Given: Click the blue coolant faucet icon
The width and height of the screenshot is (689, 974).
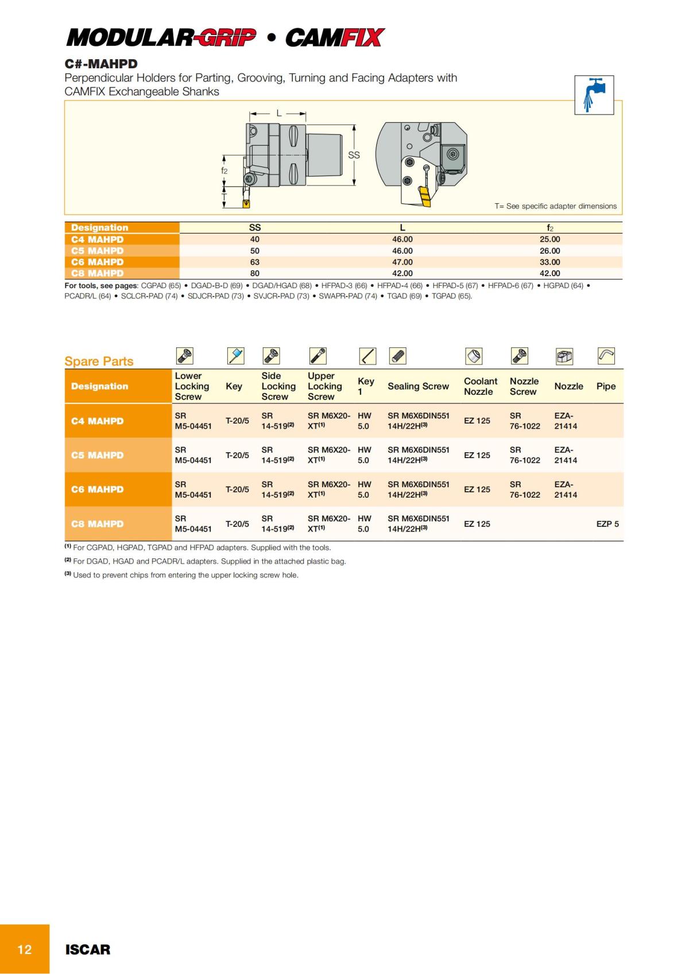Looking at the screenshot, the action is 594,95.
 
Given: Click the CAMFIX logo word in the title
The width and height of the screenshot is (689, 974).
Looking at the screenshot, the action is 334,38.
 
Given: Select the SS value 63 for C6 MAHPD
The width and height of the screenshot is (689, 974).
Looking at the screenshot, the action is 255,262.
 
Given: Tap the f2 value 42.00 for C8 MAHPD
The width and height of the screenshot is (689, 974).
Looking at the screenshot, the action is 549,273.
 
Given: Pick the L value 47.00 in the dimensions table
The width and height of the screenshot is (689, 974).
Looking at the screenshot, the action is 402,262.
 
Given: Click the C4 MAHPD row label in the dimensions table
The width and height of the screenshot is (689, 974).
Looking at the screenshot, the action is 98,239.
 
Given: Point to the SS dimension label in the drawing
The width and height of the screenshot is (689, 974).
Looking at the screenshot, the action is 354,155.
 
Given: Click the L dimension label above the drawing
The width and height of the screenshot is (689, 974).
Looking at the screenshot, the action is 279,113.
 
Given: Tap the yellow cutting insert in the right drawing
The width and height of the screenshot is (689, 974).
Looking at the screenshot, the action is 424,197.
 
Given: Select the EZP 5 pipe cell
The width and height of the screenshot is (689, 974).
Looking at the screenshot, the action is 607,524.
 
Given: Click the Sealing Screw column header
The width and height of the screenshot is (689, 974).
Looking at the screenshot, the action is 418,386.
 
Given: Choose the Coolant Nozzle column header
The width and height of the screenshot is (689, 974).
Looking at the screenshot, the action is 480,386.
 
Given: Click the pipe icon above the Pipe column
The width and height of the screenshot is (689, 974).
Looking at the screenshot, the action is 606,356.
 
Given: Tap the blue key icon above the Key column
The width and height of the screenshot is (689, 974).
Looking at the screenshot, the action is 235,356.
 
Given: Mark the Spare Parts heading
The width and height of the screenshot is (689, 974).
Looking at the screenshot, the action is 99,362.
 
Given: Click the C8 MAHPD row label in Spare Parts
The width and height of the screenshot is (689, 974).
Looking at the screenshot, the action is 98,524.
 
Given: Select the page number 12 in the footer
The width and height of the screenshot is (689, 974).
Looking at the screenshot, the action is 25,949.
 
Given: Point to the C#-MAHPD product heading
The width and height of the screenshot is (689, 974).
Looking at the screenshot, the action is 101,64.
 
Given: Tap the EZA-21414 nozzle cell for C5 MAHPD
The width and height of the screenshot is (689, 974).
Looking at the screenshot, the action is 566,455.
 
